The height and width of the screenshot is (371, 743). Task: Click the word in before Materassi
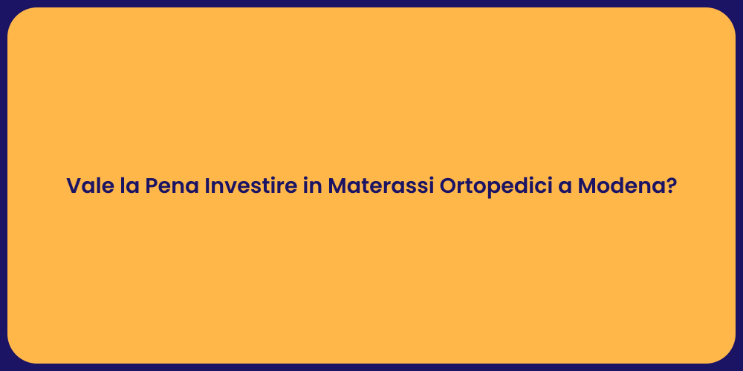point(313,185)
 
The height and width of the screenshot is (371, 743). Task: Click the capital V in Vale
point(74,185)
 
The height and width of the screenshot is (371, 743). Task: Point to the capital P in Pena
point(152,185)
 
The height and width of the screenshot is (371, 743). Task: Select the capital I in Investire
point(207,185)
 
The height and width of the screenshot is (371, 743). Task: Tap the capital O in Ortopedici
point(449,185)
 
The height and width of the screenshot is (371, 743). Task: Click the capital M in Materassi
point(337,185)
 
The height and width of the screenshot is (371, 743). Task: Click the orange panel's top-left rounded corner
point(16,16)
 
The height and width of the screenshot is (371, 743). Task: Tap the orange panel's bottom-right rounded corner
point(726,354)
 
